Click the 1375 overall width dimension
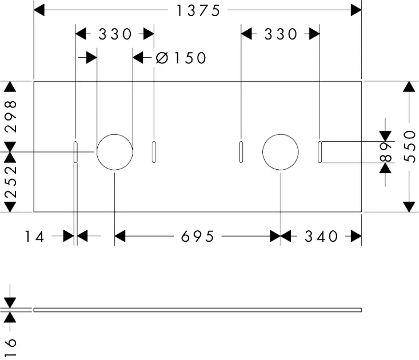tap(198, 10)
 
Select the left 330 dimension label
tap(115, 34)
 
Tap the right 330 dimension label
tap(281, 34)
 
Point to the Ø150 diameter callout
tap(181, 57)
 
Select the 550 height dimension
tap(409, 146)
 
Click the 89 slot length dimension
tap(387, 152)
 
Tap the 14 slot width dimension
tap(35, 236)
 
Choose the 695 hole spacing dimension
tap(198, 236)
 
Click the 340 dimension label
tap(321, 236)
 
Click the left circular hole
tap(114, 152)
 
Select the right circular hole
tap(280, 152)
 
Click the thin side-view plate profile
tap(198, 310)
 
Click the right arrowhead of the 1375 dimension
tap(356, 10)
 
